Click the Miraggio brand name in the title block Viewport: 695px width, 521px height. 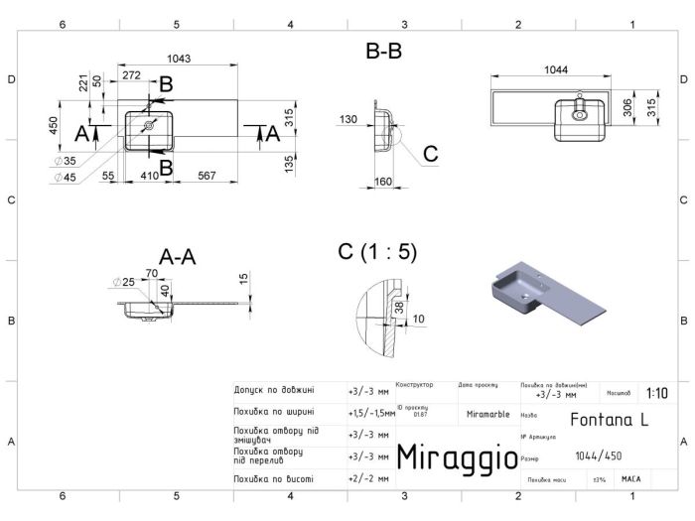coord(457,457)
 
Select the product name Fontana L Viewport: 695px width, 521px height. coord(610,419)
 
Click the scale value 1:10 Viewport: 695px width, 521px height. coord(656,393)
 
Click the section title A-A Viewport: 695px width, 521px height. coord(177,257)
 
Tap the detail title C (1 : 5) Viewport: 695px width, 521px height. coord(377,252)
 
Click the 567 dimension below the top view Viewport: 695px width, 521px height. coord(206,175)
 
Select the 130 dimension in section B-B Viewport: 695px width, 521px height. coord(347,120)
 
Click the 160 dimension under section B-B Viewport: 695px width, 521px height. coord(384,182)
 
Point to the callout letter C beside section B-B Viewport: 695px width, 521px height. coord(430,154)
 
